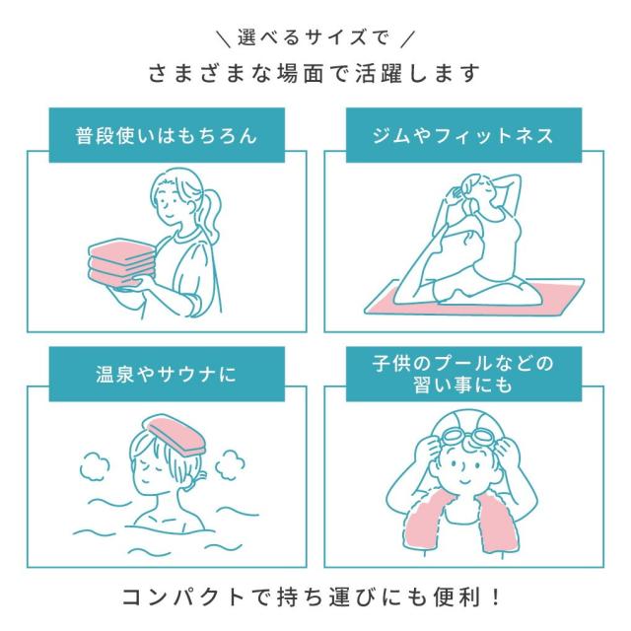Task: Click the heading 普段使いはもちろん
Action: point(166,135)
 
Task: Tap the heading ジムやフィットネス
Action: point(463,135)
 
